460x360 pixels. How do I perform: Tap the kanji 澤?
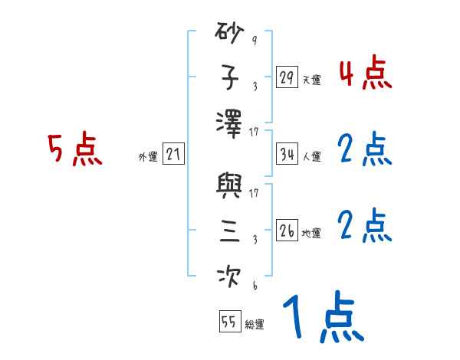pyautogui.click(x=230, y=122)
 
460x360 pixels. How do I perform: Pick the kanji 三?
pyautogui.click(x=230, y=231)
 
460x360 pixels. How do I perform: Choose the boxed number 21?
pyautogui.click(x=173, y=155)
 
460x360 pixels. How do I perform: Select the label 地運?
pyautogui.click(x=311, y=233)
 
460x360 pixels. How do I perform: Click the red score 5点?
pyautogui.click(x=75, y=150)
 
